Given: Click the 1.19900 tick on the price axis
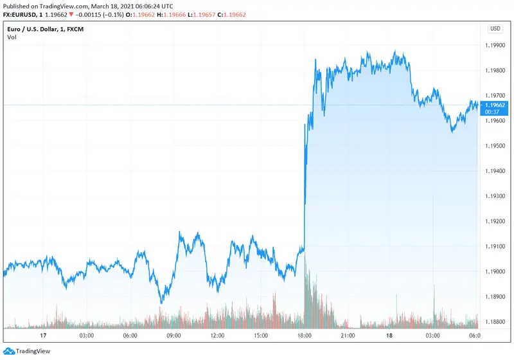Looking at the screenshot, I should [494, 46].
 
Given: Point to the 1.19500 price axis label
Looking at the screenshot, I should [494, 146].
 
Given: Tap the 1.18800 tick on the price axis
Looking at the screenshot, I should [494, 322].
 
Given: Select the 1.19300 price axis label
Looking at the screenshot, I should [494, 196].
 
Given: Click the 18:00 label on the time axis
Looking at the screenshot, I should [305, 335].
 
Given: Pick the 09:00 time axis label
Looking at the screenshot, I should [173, 335].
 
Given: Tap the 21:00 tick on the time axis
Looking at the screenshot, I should [348, 335].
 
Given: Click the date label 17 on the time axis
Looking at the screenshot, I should [43, 335].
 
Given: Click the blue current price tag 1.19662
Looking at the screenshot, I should [494, 105].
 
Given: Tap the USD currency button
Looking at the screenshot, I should [495, 28].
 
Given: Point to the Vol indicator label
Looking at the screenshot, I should [12, 37].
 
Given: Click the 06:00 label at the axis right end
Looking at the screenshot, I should [474, 335].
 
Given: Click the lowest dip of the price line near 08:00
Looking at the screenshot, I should [161, 302].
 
